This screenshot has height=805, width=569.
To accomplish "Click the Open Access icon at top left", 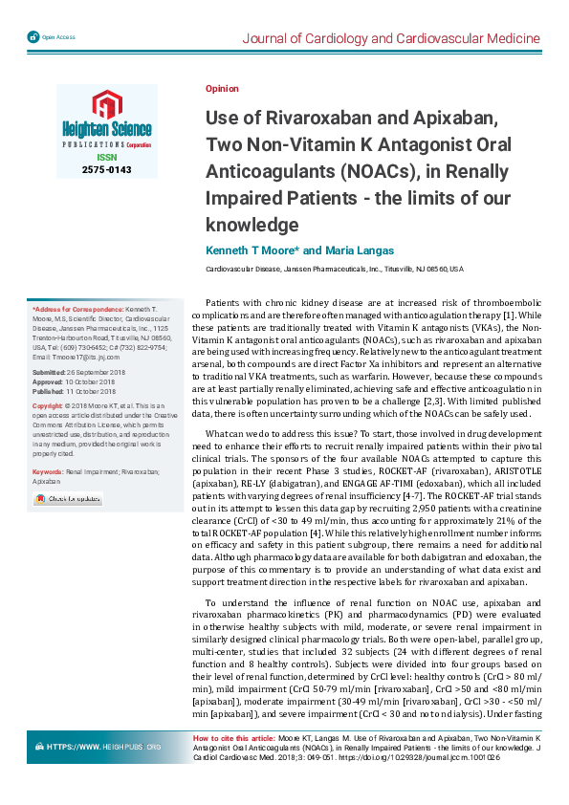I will pos(33,36).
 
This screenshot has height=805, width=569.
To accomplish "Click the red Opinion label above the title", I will pos(222,88).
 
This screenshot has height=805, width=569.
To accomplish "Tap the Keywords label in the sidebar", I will pos(49,472).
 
